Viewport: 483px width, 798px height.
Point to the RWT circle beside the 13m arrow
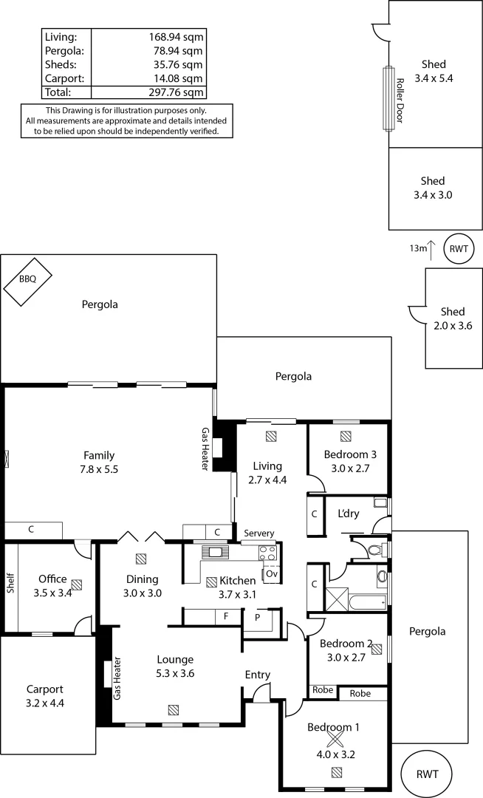click(459, 249)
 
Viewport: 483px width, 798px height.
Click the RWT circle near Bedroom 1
click(427, 774)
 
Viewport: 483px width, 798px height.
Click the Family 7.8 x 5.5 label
click(98, 462)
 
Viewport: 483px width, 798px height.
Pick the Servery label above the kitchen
click(258, 533)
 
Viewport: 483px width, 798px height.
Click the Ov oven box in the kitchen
click(270, 574)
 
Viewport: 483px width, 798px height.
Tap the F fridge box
click(225, 615)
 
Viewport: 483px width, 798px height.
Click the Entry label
click(258, 675)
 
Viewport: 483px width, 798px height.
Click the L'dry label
click(349, 514)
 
